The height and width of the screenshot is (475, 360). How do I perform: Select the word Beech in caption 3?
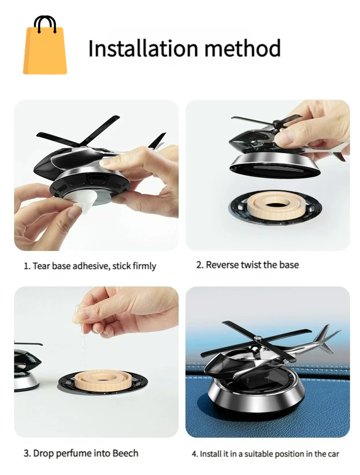coord(126,453)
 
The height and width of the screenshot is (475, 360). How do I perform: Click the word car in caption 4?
coord(333,453)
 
